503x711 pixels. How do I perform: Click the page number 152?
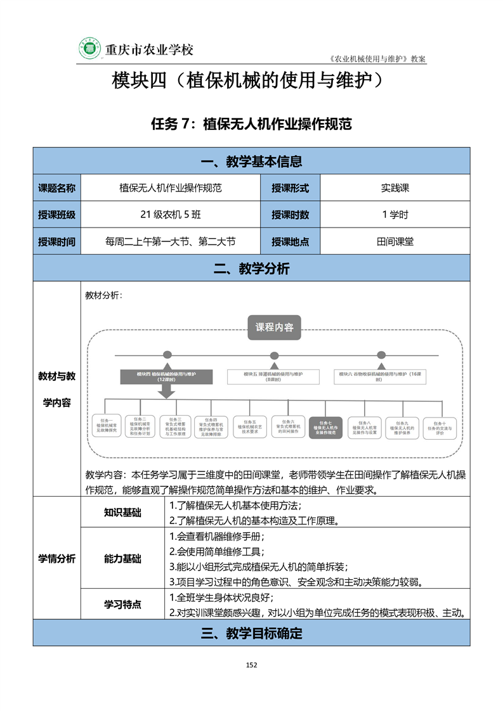click(x=251, y=665)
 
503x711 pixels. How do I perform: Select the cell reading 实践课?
click(x=395, y=188)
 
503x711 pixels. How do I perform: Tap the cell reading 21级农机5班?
click(x=171, y=214)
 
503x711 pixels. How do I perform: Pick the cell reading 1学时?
click(x=395, y=214)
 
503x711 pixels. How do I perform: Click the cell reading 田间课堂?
click(x=395, y=241)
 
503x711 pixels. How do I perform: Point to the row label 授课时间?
click(x=57, y=241)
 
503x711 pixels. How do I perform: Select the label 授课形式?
click(x=290, y=188)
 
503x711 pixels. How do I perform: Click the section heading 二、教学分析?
click(x=251, y=269)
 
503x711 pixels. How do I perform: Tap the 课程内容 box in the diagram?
click(x=274, y=328)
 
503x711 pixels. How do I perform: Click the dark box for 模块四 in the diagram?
click(x=166, y=376)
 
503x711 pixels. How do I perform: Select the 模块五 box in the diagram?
click(x=273, y=376)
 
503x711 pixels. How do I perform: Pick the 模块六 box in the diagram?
click(x=381, y=376)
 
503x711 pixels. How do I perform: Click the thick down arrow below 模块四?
click(x=166, y=392)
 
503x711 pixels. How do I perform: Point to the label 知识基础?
click(x=123, y=513)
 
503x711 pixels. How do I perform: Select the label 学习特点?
click(x=123, y=605)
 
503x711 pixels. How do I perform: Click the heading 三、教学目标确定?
click(x=251, y=633)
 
